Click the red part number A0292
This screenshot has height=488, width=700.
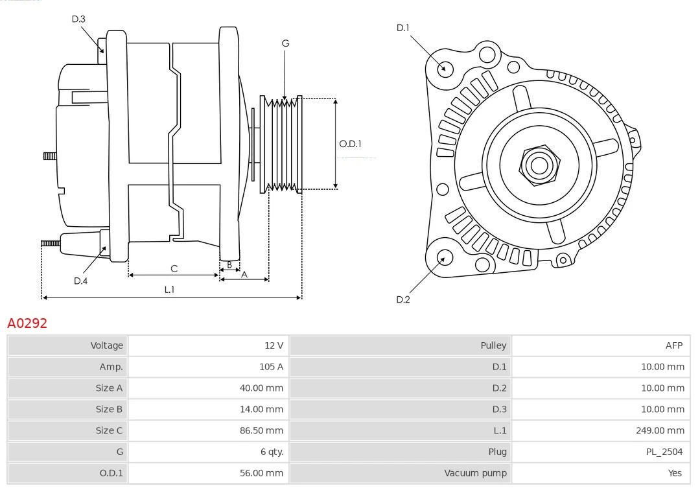click(x=27, y=323)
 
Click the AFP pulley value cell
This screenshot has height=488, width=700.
click(x=673, y=345)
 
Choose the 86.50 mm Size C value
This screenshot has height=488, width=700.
click(x=261, y=430)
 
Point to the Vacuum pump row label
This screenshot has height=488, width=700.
click(x=475, y=473)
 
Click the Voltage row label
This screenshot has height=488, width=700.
click(x=106, y=345)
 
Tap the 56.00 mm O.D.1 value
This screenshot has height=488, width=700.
click(x=261, y=473)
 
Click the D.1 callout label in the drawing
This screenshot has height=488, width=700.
click(x=403, y=28)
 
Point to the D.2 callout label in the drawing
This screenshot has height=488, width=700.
click(x=403, y=299)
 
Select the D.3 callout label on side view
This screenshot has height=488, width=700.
click(x=78, y=19)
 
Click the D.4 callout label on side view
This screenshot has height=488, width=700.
click(x=80, y=281)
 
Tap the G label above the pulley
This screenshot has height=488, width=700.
click(x=285, y=43)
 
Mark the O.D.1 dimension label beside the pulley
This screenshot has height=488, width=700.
click(x=351, y=144)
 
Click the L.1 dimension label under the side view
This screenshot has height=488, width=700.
click(x=169, y=290)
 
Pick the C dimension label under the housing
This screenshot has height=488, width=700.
click(x=174, y=268)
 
